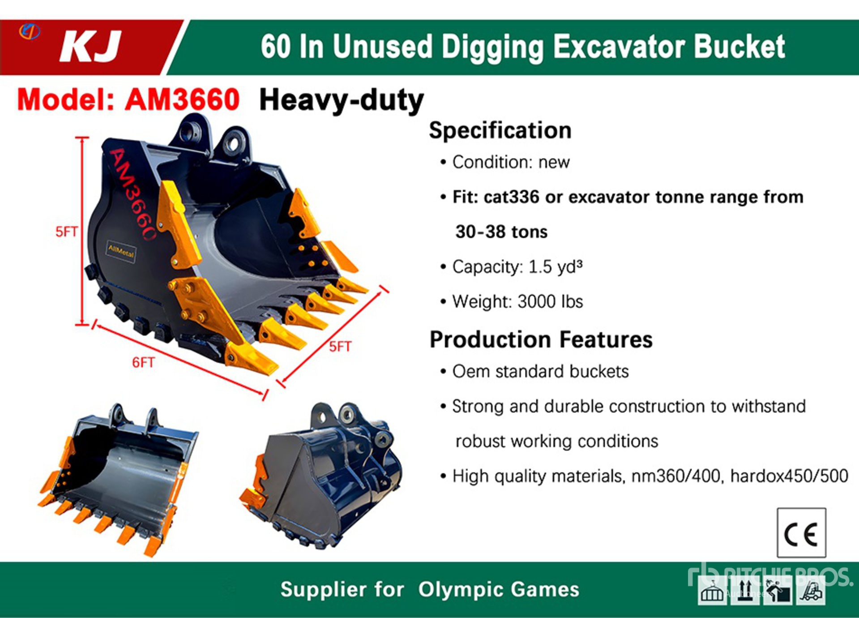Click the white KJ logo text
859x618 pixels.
tap(90, 46)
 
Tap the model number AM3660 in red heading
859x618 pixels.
tap(182, 99)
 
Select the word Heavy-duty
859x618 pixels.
tap(342, 100)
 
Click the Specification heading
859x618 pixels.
tap(500, 130)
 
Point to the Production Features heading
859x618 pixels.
tap(541, 339)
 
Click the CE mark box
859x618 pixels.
tap(801, 532)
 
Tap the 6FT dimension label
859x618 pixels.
tap(143, 362)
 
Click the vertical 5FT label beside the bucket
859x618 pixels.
tap(66, 232)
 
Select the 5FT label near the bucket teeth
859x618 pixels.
tap(340, 347)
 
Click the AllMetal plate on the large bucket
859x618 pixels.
tap(121, 252)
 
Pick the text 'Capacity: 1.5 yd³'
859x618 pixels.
tap(517, 267)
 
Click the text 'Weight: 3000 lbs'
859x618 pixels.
tap(517, 302)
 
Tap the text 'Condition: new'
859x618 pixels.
tap(511, 162)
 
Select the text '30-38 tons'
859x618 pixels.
tap(501, 232)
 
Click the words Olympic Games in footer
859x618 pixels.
tap(499, 589)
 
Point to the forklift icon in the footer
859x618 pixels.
tap(811, 592)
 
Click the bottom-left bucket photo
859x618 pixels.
tap(119, 479)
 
